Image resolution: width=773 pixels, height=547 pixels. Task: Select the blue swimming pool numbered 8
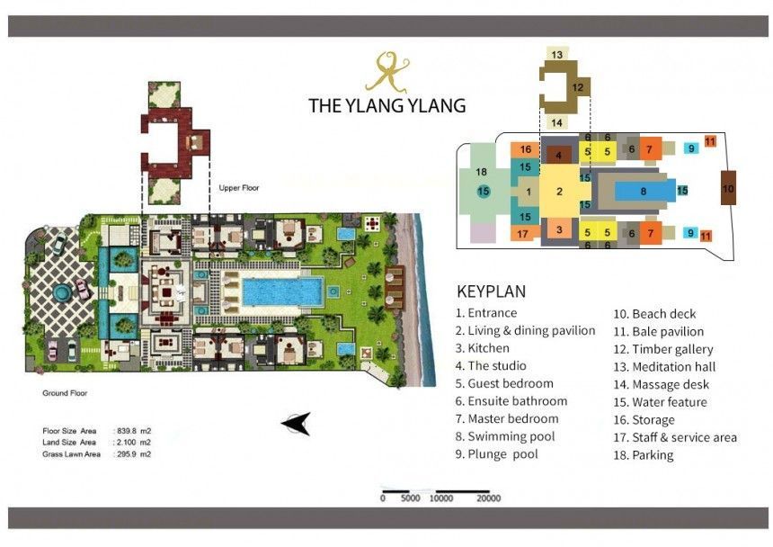tap(644, 191)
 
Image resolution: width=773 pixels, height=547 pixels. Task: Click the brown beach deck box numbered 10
tap(728, 188)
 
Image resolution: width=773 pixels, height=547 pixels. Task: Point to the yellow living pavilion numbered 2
tap(559, 192)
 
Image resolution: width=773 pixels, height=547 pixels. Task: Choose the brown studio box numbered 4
tap(558, 155)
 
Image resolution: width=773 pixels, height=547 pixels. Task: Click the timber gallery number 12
tap(578, 88)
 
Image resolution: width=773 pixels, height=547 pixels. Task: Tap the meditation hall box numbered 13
tap(557, 53)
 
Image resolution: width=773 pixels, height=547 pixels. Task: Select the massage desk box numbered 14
tap(557, 122)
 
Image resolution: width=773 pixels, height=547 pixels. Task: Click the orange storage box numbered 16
tap(526, 149)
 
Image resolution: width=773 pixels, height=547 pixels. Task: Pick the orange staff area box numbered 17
tap(523, 234)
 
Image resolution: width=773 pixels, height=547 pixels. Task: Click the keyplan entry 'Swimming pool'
tap(511, 436)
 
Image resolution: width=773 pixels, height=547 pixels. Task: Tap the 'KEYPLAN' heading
tap(491, 291)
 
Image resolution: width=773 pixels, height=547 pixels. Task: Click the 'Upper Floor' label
tap(239, 188)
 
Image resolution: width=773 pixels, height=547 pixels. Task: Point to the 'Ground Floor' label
tap(65, 393)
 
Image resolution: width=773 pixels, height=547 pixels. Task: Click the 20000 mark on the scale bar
tap(489, 498)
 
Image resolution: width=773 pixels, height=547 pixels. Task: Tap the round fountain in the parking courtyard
tap(62, 293)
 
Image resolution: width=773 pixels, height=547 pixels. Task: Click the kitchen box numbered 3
tap(559, 229)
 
